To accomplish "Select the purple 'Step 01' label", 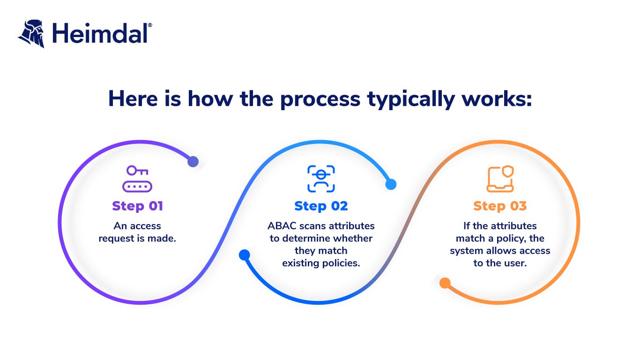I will coord(137,206).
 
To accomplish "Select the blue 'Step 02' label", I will coord(321,206).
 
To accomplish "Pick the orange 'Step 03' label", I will coord(500,206).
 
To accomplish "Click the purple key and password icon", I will coord(137,179).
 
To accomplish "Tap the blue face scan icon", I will coord(321,179).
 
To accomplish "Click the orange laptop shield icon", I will coord(500,179).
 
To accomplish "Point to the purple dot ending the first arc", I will coord(193,162).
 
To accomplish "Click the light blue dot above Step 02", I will coord(391,184).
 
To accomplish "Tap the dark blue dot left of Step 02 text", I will coord(244,255).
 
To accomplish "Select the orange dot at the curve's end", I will coord(445,283).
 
